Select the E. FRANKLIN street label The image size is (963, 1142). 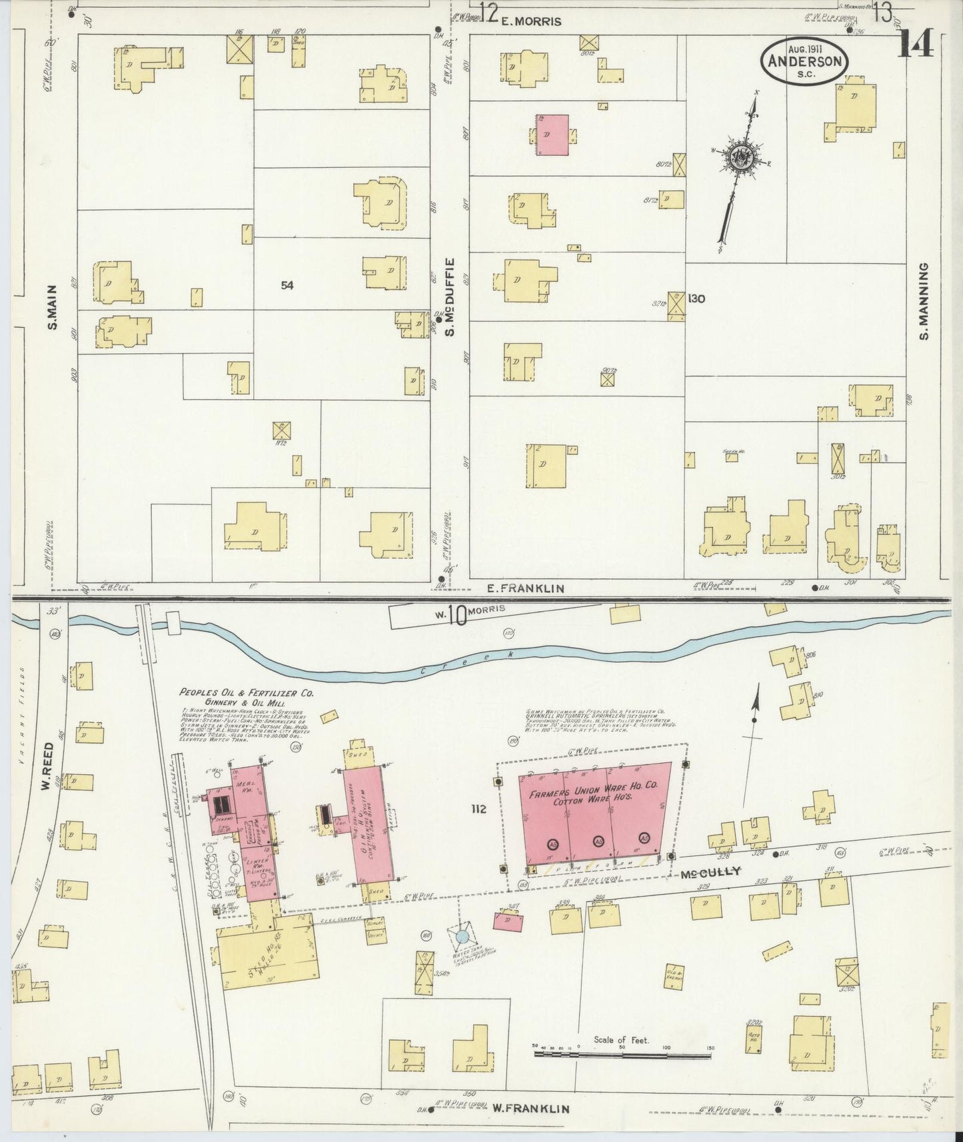526,588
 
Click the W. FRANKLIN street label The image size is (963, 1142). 530,1109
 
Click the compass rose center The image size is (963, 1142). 740,156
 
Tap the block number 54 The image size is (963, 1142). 287,285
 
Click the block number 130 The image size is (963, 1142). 696,298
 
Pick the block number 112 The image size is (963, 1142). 478,810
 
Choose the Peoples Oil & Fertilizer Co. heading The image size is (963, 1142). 246,693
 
